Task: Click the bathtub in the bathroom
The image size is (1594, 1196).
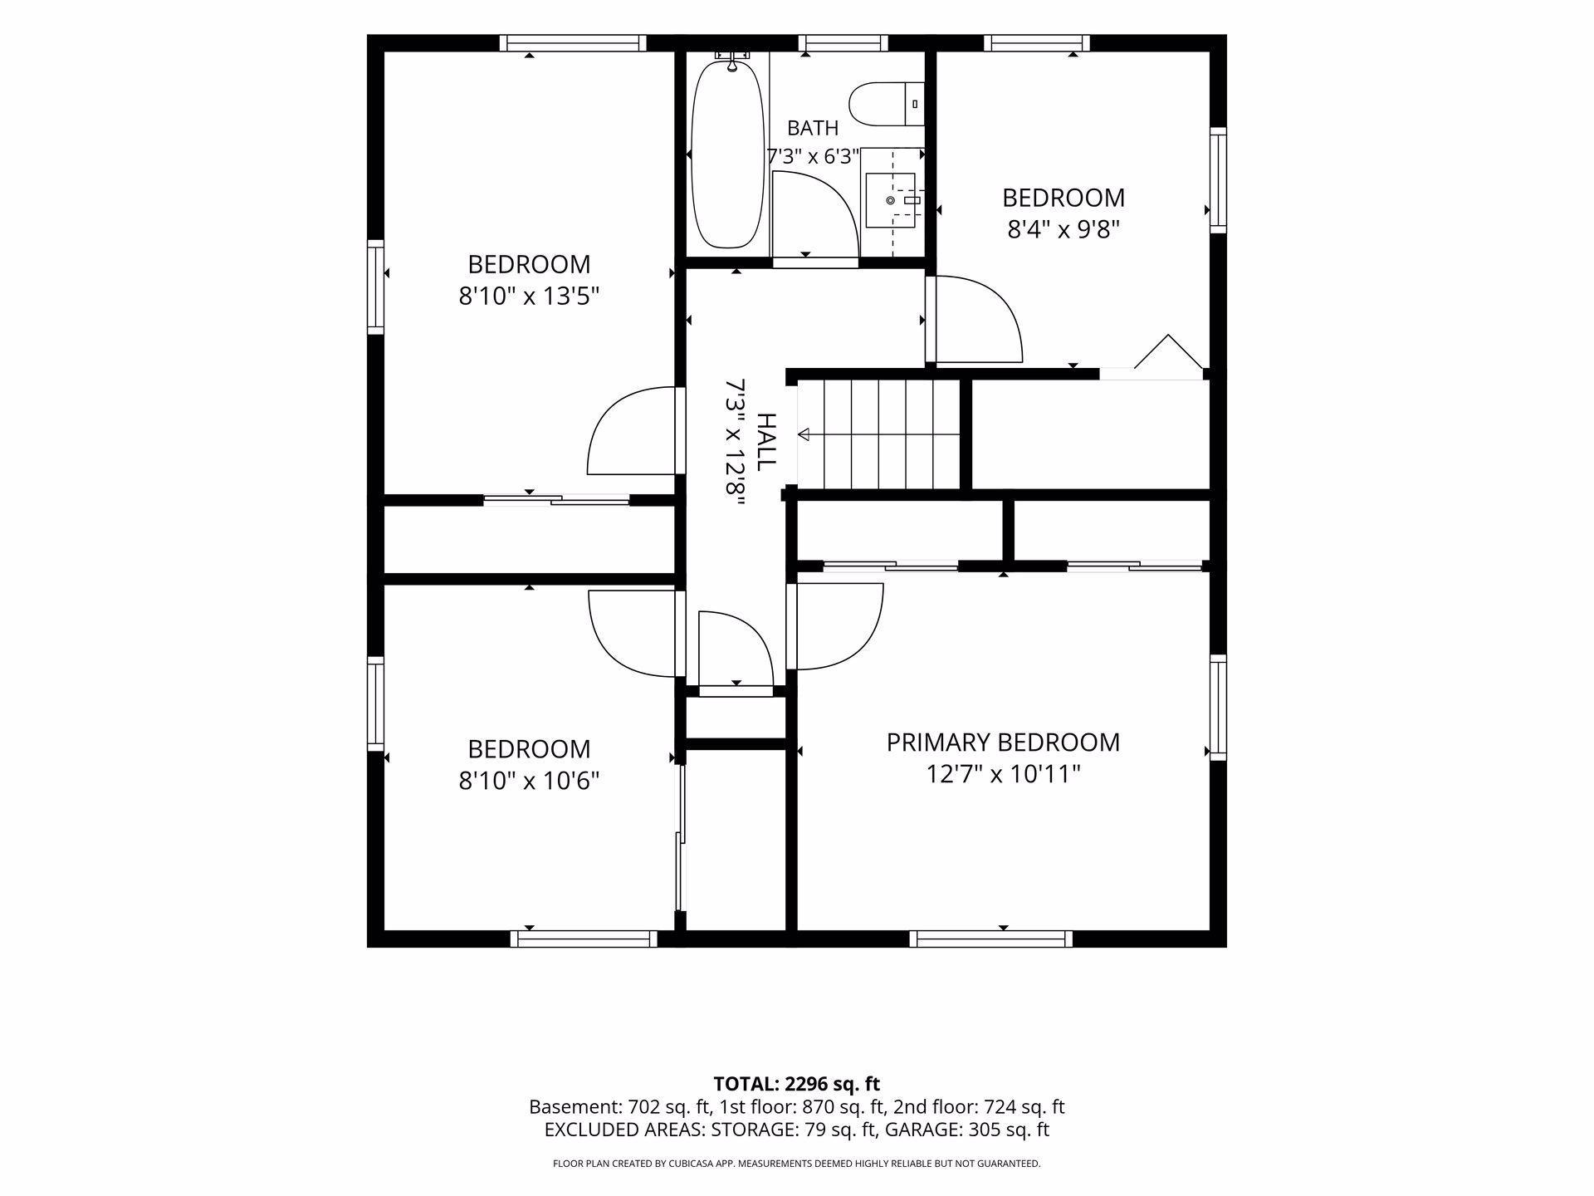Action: pyautogui.click(x=728, y=154)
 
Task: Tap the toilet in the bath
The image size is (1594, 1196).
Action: pyautogui.click(x=887, y=104)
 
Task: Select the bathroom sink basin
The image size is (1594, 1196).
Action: pyautogui.click(x=890, y=200)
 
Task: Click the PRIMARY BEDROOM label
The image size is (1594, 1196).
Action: pyautogui.click(x=1003, y=743)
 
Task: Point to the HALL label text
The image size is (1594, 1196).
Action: pyautogui.click(x=765, y=442)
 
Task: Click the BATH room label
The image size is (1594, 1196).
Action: pyautogui.click(x=813, y=128)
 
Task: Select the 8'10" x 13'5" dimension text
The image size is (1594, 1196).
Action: pyautogui.click(x=529, y=296)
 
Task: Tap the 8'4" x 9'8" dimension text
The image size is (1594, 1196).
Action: pyautogui.click(x=1063, y=229)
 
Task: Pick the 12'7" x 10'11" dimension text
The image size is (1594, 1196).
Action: pyautogui.click(x=1003, y=774)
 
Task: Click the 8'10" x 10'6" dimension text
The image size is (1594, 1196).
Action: pyautogui.click(x=529, y=781)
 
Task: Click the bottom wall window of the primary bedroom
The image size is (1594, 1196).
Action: pyautogui.click(x=990, y=939)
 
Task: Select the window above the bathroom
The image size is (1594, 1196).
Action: pyautogui.click(x=843, y=43)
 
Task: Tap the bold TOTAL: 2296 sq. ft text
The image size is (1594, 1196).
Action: pyautogui.click(x=797, y=1084)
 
